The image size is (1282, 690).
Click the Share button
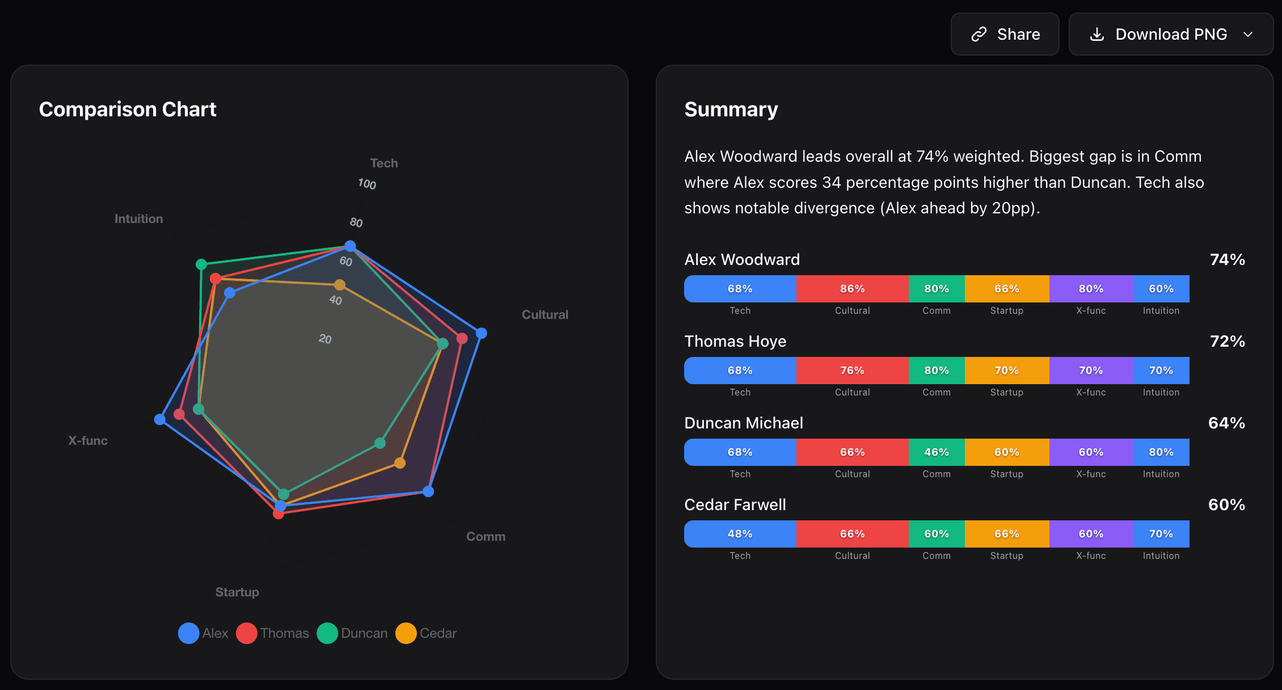coord(1005,34)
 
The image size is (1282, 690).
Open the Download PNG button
coord(1171,34)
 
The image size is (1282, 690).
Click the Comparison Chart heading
coord(128,110)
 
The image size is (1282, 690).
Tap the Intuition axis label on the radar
coord(138,218)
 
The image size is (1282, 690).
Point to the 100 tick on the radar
coord(367,184)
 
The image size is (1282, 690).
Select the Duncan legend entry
coord(352,633)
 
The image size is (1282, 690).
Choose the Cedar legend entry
coord(426,633)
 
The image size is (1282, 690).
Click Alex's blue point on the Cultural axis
coord(481,333)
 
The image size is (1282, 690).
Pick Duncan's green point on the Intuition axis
coord(201,264)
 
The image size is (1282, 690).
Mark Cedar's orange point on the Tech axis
coord(339,285)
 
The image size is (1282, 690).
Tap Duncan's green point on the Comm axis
coord(380,443)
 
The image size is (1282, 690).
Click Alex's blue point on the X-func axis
coord(160,419)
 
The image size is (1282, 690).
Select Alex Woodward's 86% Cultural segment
coord(852,289)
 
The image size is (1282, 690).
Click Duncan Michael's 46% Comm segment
coord(937,452)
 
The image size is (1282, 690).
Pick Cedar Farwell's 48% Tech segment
coord(740,534)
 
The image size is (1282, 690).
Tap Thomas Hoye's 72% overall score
coord(1227,341)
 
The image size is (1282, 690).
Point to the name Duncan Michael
coord(744,423)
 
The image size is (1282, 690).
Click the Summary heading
coord(731,110)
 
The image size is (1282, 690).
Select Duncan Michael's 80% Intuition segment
coord(1161,452)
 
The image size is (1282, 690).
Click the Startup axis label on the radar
coord(237,592)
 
